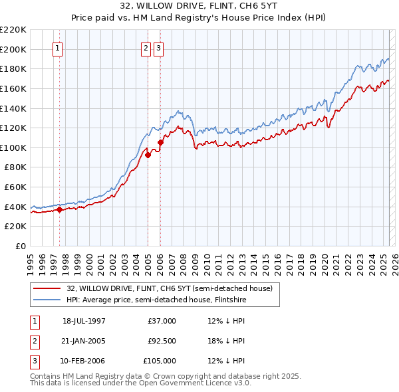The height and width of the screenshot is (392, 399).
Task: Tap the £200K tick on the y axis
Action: coord(15,49)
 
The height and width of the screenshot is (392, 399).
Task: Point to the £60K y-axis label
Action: coord(17,187)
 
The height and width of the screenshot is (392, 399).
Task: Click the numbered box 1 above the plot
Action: coord(58,48)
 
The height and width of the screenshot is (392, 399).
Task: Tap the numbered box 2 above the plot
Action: coord(146,48)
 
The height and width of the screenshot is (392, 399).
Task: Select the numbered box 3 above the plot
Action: coord(159,48)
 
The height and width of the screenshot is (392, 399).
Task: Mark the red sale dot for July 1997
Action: coord(59,209)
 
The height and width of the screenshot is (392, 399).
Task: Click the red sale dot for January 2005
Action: coord(148,155)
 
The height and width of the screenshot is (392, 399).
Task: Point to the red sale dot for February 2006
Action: coord(160,142)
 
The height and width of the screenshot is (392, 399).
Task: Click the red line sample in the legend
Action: coord(47,288)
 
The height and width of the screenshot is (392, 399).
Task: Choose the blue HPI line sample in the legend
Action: coord(47,300)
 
